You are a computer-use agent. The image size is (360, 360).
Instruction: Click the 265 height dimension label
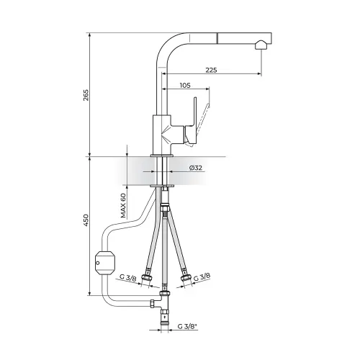[86, 95]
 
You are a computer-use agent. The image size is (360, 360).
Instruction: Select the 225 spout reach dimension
[211, 70]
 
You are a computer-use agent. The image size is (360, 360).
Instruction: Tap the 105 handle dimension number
[185, 85]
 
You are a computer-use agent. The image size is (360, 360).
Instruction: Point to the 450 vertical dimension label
[86, 220]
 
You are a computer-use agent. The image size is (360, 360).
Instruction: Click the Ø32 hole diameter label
[196, 168]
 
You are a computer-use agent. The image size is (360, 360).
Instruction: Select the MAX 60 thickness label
[123, 205]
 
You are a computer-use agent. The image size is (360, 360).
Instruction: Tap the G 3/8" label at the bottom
[187, 326]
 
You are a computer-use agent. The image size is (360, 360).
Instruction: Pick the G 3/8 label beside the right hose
[202, 277]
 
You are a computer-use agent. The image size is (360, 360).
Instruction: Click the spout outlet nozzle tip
[260, 45]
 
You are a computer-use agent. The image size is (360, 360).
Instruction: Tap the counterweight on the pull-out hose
[105, 263]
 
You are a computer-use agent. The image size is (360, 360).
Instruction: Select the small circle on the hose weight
[98, 263]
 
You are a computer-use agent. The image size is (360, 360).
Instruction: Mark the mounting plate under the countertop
[162, 186]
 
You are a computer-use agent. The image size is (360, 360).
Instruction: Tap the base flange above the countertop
[162, 156]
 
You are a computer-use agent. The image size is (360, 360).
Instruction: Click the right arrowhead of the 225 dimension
[259, 73]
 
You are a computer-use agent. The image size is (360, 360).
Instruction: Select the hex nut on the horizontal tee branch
[153, 304]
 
